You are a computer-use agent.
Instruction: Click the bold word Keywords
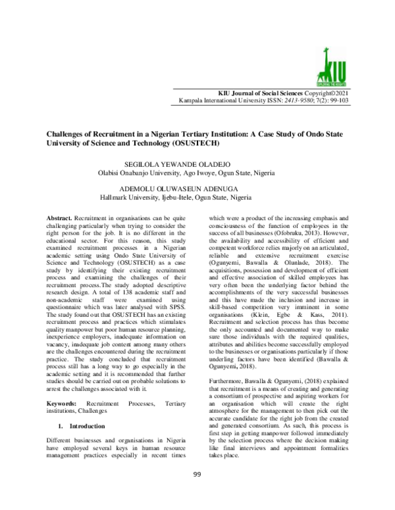tap(65, 401)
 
